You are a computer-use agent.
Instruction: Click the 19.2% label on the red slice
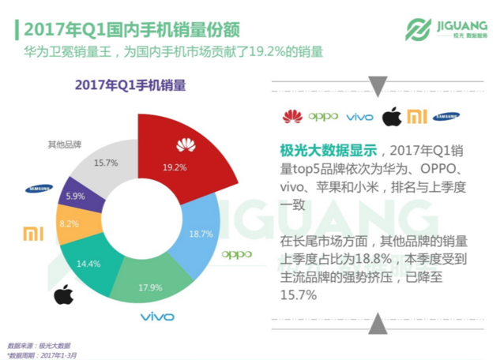click(x=174, y=167)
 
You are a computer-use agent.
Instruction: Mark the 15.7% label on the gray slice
click(x=105, y=163)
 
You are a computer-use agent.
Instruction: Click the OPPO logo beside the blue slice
click(x=236, y=254)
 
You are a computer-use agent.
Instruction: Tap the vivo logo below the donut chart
click(x=157, y=317)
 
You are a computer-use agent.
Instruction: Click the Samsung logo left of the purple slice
click(x=38, y=189)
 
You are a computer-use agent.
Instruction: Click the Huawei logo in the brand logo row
click(x=292, y=118)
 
